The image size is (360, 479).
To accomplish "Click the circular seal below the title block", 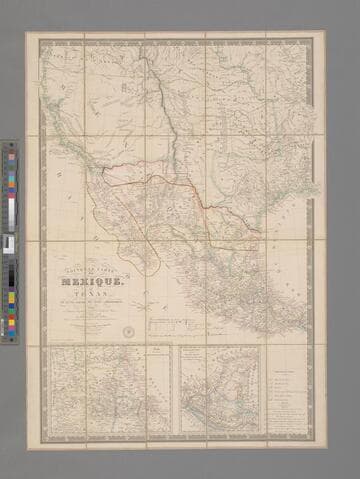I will pos(128,332).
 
